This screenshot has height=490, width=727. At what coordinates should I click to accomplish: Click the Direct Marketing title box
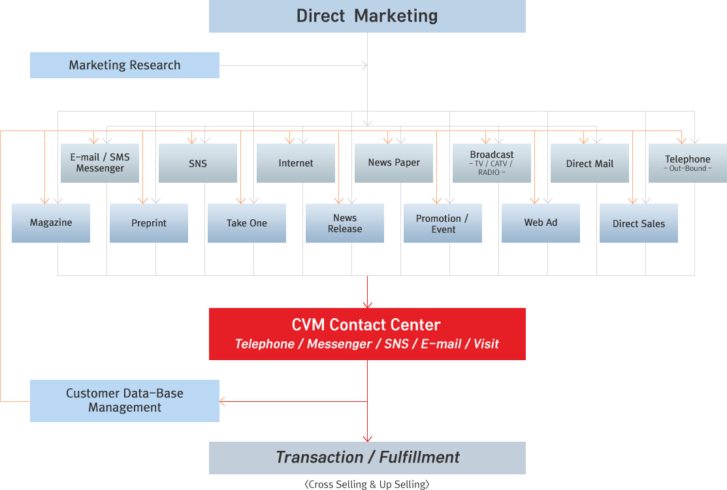coord(367,16)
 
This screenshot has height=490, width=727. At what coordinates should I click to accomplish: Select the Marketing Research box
coord(125,65)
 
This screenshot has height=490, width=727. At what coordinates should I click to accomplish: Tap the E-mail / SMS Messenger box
coord(100,163)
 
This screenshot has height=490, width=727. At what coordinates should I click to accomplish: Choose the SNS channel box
coord(198,163)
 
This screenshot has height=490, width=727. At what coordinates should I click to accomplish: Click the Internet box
coord(296,163)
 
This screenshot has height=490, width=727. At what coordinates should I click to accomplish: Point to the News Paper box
coord(394,163)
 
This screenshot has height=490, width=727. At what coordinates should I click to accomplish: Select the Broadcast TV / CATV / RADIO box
coord(492,163)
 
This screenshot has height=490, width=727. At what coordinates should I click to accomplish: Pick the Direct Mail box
coord(590,163)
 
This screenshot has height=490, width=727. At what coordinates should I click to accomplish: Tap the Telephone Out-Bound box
coord(687,163)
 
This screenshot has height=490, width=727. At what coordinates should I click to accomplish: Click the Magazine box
coord(51,223)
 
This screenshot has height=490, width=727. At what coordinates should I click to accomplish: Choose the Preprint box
coord(149,223)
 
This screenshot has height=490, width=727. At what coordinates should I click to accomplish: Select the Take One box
coord(247,223)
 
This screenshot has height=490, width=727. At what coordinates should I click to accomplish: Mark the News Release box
coord(345,223)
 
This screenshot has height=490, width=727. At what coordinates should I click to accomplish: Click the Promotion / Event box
coord(443,223)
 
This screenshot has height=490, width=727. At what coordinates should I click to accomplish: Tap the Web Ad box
coord(541,223)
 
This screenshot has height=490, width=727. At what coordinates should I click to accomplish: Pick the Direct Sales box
coord(639,223)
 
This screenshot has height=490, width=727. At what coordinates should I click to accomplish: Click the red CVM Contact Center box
coord(367,334)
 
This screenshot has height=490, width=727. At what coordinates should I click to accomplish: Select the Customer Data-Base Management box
coord(125,401)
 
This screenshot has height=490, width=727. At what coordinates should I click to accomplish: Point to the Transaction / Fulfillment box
coord(367,457)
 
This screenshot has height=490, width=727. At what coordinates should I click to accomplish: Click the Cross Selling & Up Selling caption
coord(367,484)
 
